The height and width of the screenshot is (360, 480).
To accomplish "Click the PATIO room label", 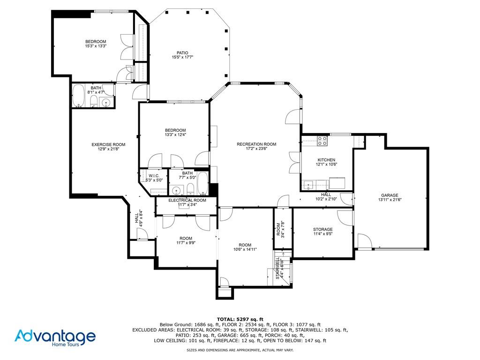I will point(182,52).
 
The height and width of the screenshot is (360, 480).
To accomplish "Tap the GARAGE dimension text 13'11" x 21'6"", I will point(390,200).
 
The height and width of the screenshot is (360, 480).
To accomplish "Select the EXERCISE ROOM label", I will point(108,144).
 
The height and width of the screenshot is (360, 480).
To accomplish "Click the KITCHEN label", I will point(326,160).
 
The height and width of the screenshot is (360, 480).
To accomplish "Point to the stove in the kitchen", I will point(322,139).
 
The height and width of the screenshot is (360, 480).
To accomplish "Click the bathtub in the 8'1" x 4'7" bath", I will point(78,97).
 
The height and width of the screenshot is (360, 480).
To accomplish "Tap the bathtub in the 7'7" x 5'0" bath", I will point(202,183).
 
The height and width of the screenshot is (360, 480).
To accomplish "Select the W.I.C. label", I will point(154,176).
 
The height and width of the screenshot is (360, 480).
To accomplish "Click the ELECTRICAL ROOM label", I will point(187,200).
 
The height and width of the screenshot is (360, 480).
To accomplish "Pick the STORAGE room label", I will point(322,229).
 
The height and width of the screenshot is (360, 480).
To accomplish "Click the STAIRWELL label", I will point(278,269).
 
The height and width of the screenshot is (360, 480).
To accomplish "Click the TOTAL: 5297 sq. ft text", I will point(240,319).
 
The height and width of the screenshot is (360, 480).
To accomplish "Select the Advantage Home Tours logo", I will point(55,337).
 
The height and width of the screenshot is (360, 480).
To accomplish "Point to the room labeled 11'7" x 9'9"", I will point(186,240).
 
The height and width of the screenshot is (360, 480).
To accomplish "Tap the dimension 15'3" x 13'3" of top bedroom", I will point(96,46).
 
